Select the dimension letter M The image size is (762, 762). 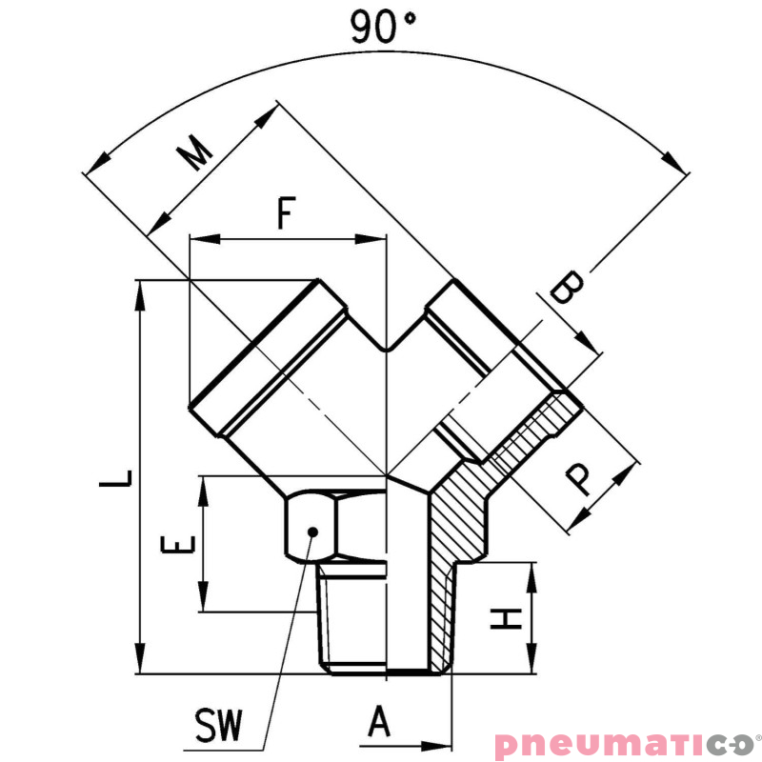pos(196,152)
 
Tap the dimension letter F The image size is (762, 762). pos(285,212)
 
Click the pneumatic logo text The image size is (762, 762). pos(624,744)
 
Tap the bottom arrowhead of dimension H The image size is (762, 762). pos(530,666)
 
